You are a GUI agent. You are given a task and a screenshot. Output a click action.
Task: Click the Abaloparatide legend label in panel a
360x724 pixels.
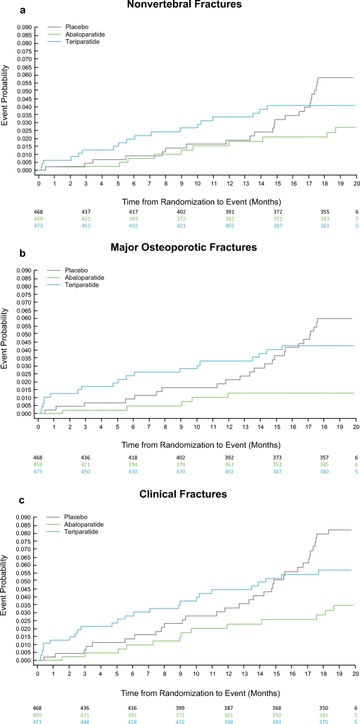tap(84, 34)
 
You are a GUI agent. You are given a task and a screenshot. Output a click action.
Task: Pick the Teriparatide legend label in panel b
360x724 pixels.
tap(82, 284)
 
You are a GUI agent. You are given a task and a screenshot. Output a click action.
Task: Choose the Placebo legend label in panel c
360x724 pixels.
tap(75, 517)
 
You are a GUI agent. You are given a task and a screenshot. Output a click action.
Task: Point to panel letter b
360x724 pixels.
tap(7, 252)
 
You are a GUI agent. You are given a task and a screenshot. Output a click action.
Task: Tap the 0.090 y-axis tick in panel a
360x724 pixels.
tap(24, 27)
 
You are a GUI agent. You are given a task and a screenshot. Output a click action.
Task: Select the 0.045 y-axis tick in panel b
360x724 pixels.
tap(24, 342)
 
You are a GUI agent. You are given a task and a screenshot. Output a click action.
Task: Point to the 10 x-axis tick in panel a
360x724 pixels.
tap(198, 183)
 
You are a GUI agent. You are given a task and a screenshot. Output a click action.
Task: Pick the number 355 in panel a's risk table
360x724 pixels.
tap(325, 212)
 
